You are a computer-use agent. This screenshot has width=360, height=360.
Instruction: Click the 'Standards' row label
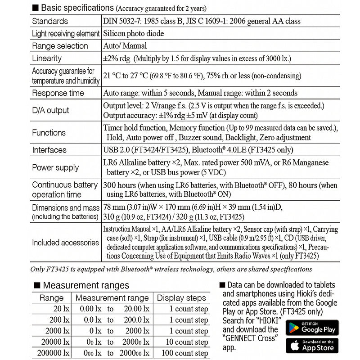50,21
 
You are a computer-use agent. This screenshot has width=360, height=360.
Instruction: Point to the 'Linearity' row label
47,58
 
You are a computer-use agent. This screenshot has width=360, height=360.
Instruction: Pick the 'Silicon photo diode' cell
134,33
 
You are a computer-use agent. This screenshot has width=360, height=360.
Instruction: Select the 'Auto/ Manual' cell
125,46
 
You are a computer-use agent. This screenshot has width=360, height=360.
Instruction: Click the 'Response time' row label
58,93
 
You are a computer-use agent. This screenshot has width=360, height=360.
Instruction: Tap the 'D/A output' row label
50,110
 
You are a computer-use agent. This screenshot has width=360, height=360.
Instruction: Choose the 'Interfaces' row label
49,150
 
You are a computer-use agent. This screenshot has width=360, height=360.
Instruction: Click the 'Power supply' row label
55,167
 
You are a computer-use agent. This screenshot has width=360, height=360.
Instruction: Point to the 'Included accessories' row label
65,243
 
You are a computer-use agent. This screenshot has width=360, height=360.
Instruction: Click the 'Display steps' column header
181,298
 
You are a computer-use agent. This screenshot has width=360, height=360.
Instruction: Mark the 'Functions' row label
49,133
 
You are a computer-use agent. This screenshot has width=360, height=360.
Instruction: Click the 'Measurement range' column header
112,298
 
